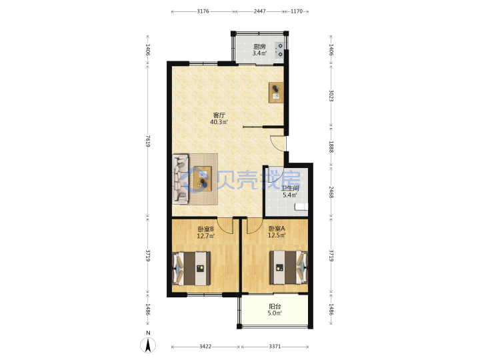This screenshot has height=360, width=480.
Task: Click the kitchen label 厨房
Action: click(x=259, y=47)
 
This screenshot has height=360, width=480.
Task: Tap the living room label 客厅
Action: click(x=219, y=115)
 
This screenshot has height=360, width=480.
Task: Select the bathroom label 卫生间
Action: click(x=290, y=188)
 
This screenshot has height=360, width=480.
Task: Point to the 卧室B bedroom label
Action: click(x=205, y=229)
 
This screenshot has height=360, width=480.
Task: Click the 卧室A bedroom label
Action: click(x=277, y=229)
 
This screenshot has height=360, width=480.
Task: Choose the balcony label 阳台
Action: click(x=275, y=306)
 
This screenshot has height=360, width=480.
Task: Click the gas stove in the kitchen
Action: click(x=280, y=50)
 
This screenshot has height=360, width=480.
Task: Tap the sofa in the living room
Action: click(x=181, y=179)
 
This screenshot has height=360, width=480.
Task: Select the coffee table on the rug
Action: click(x=203, y=179)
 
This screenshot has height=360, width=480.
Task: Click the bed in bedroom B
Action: click(x=191, y=269)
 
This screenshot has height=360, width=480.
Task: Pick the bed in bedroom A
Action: click(x=289, y=267)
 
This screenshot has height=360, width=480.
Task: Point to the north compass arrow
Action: click(x=148, y=345)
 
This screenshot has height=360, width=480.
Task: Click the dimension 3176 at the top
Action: click(x=203, y=11)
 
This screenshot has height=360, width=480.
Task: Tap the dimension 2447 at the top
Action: click(x=259, y=11)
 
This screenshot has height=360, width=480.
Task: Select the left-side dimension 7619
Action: click(x=148, y=141)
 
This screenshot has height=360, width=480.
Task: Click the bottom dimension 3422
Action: click(x=205, y=347)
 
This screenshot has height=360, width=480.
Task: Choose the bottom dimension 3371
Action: click(x=275, y=347)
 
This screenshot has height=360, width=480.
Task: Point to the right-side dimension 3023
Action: click(x=331, y=95)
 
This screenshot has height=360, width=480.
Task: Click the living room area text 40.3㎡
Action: click(x=219, y=122)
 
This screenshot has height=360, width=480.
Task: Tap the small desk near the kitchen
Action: click(x=276, y=93)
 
